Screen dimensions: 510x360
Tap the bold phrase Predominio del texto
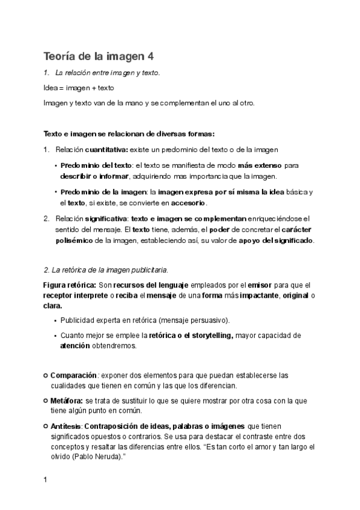(96, 165)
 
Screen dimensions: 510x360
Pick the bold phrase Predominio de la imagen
(102, 191)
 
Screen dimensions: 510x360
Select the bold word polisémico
(76, 241)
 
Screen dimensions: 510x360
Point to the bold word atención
(75, 346)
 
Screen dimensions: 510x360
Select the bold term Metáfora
(67, 400)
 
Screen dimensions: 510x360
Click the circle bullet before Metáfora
(46, 400)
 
